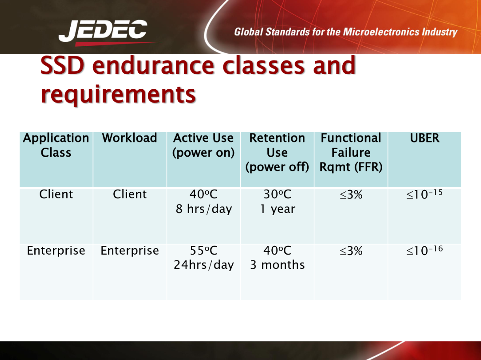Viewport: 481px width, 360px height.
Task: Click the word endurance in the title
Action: [153, 65]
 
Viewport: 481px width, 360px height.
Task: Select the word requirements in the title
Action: [118, 94]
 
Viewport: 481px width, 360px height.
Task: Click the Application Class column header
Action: [56, 145]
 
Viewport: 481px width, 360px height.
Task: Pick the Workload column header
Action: [130, 138]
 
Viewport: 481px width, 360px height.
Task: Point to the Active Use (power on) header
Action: [203, 145]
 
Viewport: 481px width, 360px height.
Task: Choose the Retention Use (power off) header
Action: [277, 153]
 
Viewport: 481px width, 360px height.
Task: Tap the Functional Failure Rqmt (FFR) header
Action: [351, 153]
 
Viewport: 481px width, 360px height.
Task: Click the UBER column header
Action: [425, 138]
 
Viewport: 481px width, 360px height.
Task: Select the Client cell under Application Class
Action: [56, 194]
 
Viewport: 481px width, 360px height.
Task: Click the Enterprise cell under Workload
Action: [130, 251]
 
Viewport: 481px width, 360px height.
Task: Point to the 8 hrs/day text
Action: [203, 209]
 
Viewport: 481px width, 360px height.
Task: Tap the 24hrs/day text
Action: [203, 265]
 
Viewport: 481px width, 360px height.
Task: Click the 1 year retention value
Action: [278, 209]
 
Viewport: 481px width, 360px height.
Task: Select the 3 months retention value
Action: [278, 265]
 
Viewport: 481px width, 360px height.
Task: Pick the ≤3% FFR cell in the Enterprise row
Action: [351, 251]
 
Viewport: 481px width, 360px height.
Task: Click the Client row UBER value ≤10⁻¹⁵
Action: [425, 194]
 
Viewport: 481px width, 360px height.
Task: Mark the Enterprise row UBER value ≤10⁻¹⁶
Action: [425, 250]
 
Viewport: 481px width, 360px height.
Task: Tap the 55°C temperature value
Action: [203, 251]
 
